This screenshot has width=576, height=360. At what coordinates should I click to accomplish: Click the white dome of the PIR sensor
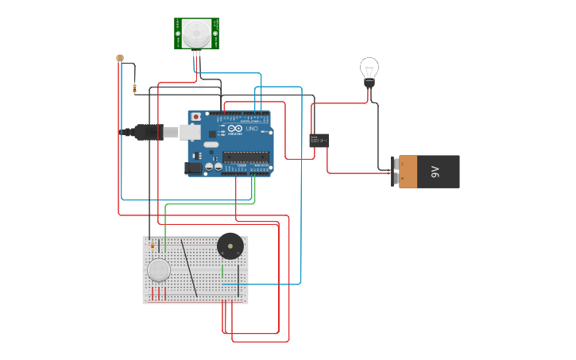tap(196, 33)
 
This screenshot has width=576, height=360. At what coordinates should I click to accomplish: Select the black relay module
tap(319, 140)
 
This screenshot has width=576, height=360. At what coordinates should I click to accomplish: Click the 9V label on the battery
tap(435, 172)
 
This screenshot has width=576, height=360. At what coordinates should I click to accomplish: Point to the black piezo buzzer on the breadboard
tap(230, 246)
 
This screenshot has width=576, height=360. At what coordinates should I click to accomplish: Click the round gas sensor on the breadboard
tap(159, 270)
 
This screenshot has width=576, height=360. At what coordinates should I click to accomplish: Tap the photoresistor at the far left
tap(120, 58)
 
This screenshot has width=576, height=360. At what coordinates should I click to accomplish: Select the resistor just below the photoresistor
tap(134, 88)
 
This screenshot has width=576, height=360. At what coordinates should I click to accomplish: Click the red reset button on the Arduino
tap(195, 117)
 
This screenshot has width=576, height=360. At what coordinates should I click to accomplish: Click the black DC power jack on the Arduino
tap(193, 168)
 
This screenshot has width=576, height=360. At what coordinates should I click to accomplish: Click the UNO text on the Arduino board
tap(251, 129)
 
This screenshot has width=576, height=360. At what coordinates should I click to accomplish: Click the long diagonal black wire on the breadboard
tap(189, 269)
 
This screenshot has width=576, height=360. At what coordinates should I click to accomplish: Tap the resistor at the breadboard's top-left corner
tap(152, 246)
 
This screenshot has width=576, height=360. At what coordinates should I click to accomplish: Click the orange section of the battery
tap(408, 172)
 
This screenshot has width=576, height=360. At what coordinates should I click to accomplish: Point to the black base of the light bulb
tap(369, 82)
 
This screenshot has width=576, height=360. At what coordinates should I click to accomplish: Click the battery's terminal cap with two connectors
tap(395, 172)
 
